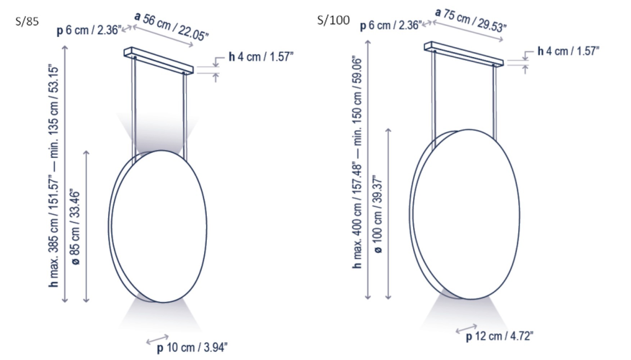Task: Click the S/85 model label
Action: coord(27,22)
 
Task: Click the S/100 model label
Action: coord(333,20)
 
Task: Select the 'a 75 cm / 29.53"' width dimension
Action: coord(471,20)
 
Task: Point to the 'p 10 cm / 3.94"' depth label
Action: coord(192,348)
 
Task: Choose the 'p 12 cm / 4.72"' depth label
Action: coord(499,336)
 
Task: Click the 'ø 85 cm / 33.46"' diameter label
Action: coord(76,227)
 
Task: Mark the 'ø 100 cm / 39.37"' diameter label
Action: coord(378,214)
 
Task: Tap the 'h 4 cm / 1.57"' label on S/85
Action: coord(261,57)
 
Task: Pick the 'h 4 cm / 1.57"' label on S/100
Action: coord(568,51)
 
